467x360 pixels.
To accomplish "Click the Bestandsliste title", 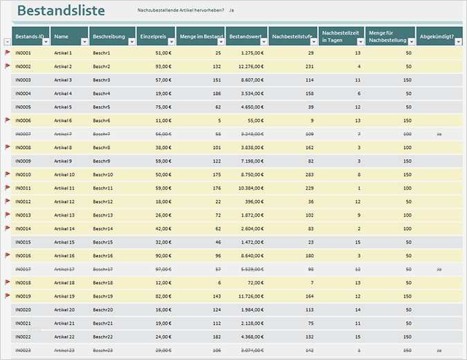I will [61, 11].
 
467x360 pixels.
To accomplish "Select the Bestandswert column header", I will [242, 36].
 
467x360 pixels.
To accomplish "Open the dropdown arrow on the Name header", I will [84, 42].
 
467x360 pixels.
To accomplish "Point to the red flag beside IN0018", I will [8, 282].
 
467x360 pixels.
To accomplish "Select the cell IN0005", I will [23, 107].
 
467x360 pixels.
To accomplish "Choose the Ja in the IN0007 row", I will [439, 134].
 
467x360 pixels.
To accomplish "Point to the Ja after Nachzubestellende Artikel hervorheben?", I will [231, 11].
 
